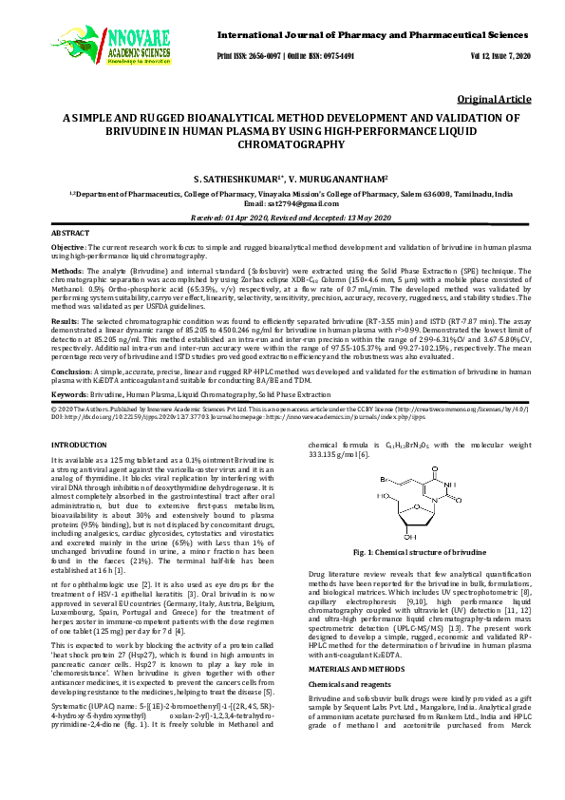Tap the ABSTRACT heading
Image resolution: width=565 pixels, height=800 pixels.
pos(70,233)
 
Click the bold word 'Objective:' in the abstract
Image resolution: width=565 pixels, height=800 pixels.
pos(67,247)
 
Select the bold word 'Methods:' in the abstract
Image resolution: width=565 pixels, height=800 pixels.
pos(66,271)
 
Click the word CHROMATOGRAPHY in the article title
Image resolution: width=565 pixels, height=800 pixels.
pos(282,145)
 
